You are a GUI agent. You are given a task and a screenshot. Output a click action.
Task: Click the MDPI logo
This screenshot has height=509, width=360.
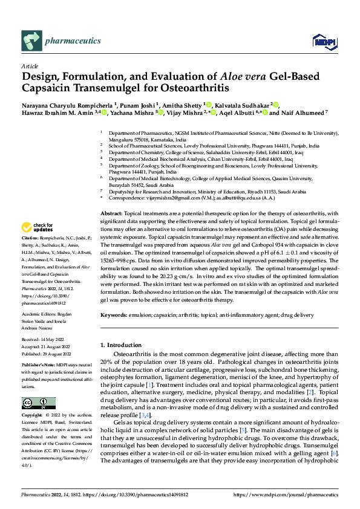pos(322,41)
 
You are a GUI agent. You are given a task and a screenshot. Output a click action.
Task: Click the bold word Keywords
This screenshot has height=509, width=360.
pos(113,315)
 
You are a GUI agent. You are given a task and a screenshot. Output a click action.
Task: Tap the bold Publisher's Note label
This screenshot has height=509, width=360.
pos(39,366)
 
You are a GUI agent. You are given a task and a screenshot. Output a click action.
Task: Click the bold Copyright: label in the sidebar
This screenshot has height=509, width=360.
pos(31,415)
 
